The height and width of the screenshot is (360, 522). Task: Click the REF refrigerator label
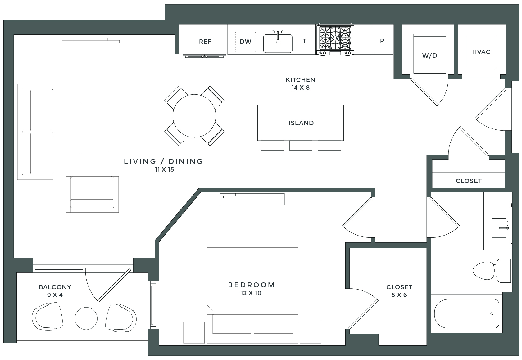pyautogui.click(x=205, y=42)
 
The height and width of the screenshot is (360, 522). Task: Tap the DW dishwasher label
pyautogui.click(x=246, y=42)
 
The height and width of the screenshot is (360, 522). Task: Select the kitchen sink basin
pyautogui.click(x=278, y=44)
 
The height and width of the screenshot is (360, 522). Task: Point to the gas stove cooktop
pyautogui.click(x=335, y=40)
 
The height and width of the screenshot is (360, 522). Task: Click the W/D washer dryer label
pyautogui.click(x=429, y=56)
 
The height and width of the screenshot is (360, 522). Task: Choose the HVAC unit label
pyautogui.click(x=481, y=52)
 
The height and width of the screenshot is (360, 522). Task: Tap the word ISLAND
pyautogui.click(x=301, y=123)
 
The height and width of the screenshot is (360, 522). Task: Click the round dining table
pyautogui.click(x=194, y=116)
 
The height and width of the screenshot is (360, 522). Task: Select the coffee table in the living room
pyautogui.click(x=94, y=127)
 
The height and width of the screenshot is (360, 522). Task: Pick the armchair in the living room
pyautogui.click(x=92, y=194)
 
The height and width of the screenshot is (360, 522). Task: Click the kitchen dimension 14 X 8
pyautogui.click(x=300, y=88)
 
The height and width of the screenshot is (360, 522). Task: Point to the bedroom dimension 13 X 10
pyautogui.click(x=251, y=293)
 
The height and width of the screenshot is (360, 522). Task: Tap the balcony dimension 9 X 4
pyautogui.click(x=55, y=295)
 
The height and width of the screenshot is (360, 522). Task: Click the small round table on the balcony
pyautogui.click(x=86, y=318)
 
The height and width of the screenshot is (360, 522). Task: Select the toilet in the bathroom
pyautogui.click(x=492, y=270)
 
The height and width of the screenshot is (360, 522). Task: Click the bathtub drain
pyautogui.click(x=492, y=314)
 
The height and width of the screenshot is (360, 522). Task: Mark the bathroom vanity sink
pyautogui.click(x=499, y=228)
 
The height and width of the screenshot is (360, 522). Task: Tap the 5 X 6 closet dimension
pyautogui.click(x=399, y=295)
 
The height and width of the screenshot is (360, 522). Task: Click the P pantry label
pyautogui.click(x=382, y=41)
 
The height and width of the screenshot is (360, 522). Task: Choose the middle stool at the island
pyautogui.click(x=301, y=146)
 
